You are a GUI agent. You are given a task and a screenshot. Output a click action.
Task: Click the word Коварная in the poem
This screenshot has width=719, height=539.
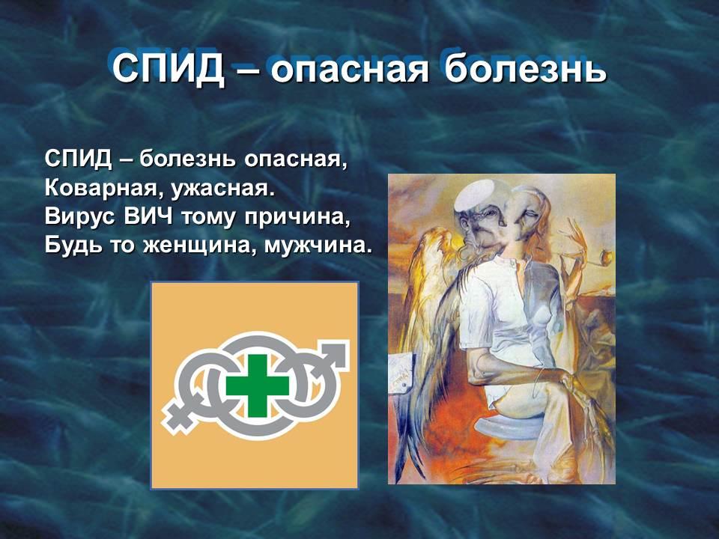click(101, 188)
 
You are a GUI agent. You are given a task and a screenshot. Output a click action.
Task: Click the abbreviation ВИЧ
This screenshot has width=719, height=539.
click(148, 216)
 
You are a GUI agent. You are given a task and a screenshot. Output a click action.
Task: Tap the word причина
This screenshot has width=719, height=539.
click(297, 216)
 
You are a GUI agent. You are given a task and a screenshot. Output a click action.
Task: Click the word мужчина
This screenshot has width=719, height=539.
click(318, 246)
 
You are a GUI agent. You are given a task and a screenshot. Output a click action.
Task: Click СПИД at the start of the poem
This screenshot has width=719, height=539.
click(78, 159)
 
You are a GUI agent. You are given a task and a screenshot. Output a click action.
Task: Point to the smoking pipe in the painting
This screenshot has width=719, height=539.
click(594, 260)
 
